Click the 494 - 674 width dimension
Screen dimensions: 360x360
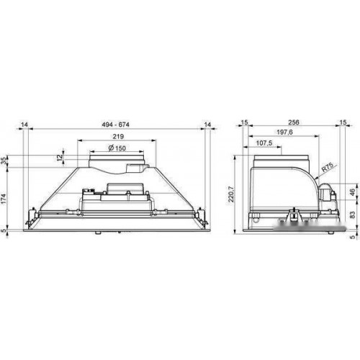point(115,125)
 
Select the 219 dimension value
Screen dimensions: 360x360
point(118,137)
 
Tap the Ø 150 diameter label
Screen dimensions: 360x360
point(117,148)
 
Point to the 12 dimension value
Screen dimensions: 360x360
point(60,158)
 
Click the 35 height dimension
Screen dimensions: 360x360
point(4,161)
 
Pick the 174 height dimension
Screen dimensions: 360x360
point(4,199)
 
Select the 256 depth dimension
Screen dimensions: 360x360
point(294,122)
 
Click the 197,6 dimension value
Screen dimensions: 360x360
point(284,132)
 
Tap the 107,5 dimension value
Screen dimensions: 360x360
point(264,143)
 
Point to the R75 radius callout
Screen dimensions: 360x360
point(328,167)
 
